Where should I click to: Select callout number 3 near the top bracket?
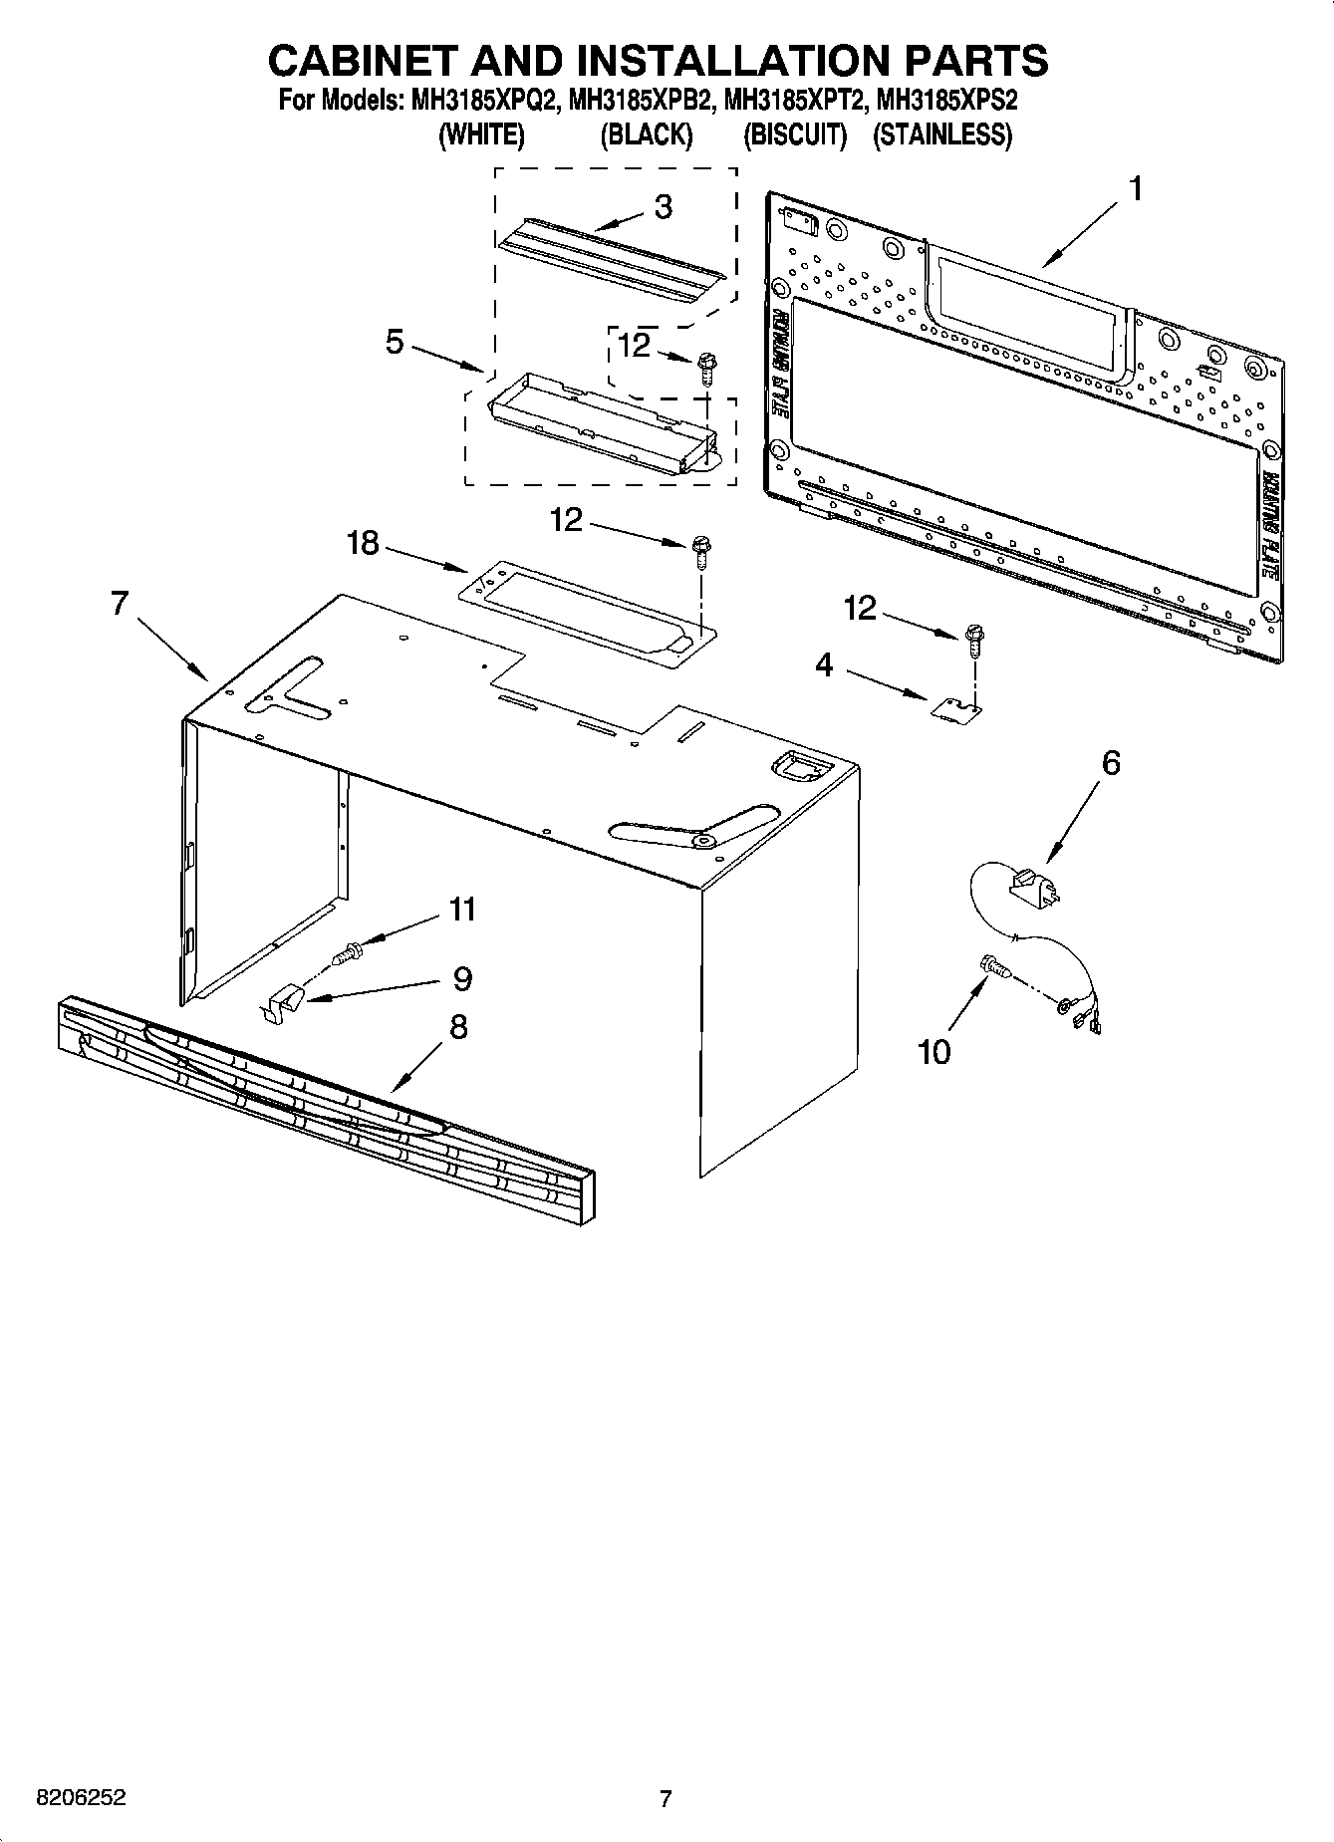663,207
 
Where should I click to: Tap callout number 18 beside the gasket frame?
363,544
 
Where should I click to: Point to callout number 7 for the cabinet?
120,604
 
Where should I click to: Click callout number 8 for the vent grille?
458,1027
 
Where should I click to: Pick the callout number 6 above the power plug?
1111,763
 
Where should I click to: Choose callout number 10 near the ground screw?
934,1052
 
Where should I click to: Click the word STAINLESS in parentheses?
941,135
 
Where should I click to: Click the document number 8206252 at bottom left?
81,1798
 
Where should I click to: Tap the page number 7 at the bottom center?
666,1798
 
